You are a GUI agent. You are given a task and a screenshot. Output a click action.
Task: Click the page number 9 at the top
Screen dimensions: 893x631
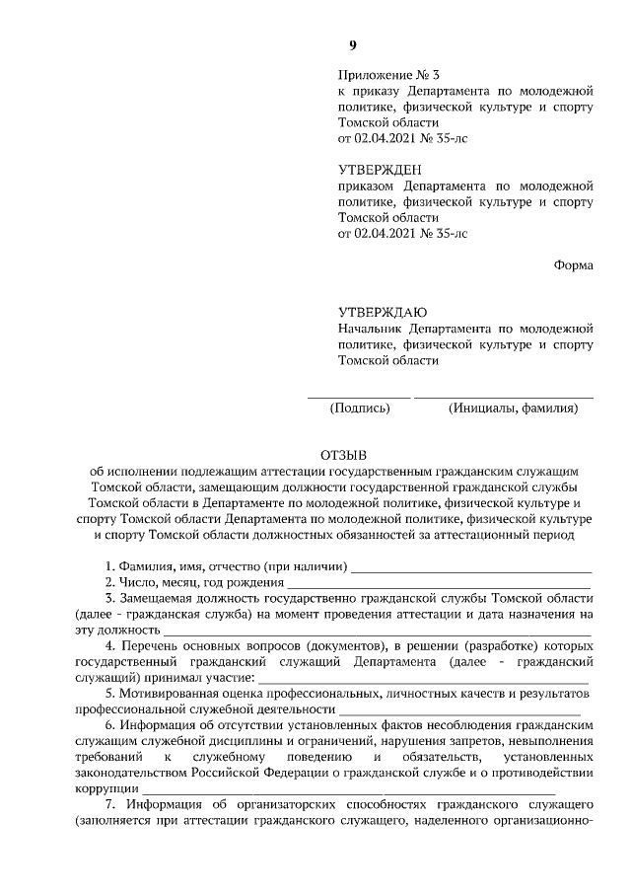click(x=352, y=44)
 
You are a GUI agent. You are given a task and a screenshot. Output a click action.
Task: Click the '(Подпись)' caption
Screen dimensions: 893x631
click(x=360, y=408)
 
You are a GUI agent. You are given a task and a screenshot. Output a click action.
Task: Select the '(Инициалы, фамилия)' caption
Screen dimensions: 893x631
click(x=512, y=408)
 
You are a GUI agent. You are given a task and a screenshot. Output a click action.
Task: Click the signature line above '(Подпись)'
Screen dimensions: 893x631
click(x=359, y=396)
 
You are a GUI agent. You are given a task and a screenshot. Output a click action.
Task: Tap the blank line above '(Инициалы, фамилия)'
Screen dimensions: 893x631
click(x=505, y=396)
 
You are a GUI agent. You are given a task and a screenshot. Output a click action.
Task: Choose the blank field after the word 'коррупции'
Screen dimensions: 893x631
click(x=350, y=792)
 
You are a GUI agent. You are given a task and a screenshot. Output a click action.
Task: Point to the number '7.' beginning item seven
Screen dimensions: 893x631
click(x=110, y=807)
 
